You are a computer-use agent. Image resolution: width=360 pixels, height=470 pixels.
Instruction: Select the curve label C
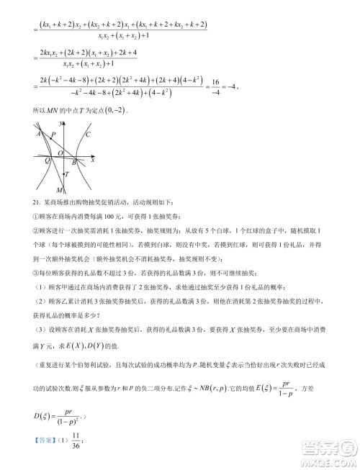(88, 135)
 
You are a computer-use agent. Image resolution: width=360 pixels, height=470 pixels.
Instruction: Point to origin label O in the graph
(60, 153)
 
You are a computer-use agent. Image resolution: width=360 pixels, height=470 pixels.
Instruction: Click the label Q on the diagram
(48, 161)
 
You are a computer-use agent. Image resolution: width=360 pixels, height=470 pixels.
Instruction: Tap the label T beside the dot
(68, 174)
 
